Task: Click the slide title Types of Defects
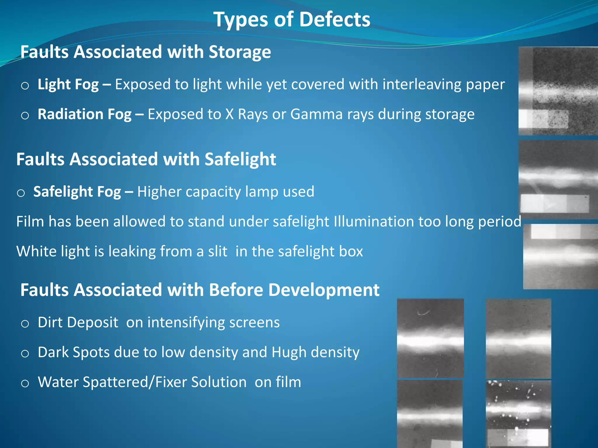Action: pyautogui.click(x=292, y=20)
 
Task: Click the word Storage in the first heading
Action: pyautogui.click(x=240, y=52)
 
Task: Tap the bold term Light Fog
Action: pyautogui.click(x=68, y=85)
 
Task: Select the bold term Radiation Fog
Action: pyautogui.click(x=84, y=114)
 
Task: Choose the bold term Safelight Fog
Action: pyautogui.click(x=77, y=192)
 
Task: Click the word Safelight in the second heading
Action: pyautogui.click(x=240, y=160)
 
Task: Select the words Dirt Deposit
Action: pyautogui.click(x=78, y=323)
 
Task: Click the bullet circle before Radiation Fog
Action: pyautogui.click(x=25, y=116)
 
